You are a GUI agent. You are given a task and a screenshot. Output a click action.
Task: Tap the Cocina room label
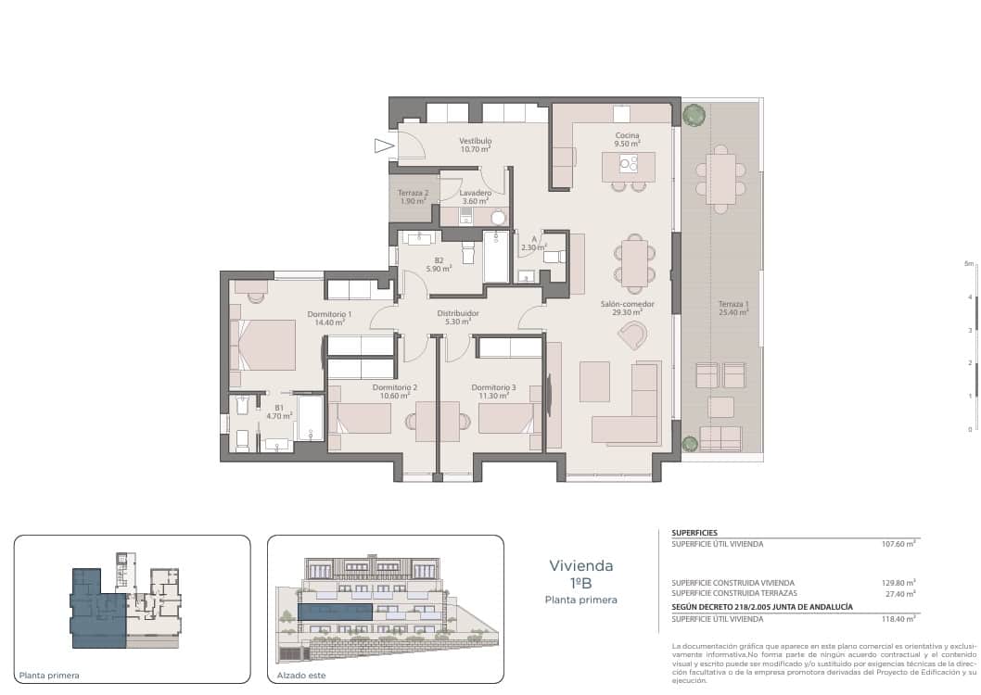point(627,136)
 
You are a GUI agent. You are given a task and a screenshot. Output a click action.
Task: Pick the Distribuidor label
point(458,313)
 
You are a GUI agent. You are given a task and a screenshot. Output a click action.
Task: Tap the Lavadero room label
point(475,194)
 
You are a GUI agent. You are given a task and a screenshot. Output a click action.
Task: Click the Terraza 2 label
point(413,194)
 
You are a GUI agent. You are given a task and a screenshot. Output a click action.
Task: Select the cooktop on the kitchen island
point(629,165)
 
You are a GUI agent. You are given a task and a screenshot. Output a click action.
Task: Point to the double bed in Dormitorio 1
point(266,345)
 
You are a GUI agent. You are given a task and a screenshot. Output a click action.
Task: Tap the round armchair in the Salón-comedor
point(632,335)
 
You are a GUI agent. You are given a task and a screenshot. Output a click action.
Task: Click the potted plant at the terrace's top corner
point(693,114)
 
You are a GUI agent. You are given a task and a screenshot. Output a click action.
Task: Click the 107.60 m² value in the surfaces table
point(898,545)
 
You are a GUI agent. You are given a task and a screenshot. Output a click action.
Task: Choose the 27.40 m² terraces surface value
point(898,593)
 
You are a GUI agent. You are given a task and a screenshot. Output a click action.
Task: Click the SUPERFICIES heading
point(694,533)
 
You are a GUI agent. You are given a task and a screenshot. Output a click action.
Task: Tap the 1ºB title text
point(580,582)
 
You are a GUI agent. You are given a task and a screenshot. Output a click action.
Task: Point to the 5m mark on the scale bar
point(969,264)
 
